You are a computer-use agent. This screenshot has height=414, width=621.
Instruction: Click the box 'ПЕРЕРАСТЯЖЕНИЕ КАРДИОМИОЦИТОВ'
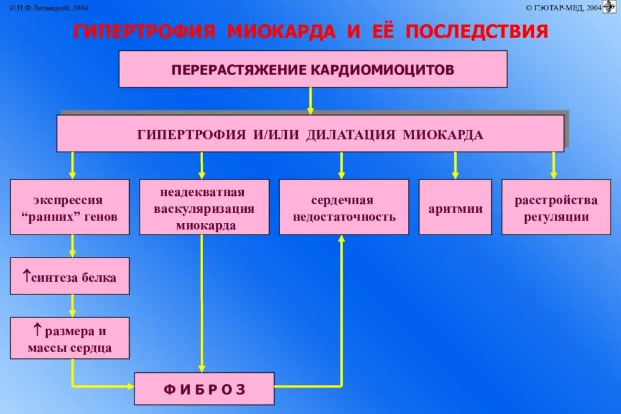coord(312,69)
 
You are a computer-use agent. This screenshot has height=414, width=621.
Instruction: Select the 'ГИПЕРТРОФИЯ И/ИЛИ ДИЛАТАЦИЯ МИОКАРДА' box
coord(310,134)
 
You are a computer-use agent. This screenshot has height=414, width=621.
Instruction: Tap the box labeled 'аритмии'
coord(455,207)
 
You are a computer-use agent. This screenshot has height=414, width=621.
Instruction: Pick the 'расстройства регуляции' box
coord(556,207)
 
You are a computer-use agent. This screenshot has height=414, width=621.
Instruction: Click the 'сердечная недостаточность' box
coord(344,207)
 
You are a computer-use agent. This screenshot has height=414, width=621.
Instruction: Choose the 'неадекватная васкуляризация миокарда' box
coord(204,207)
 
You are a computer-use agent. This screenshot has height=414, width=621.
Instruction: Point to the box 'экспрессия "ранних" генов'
coord(70,207)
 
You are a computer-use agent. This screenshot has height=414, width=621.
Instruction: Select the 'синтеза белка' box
coord(70,276)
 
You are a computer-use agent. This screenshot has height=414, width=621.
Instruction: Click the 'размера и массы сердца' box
coord(70,338)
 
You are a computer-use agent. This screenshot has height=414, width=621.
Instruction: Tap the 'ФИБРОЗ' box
coord(204,389)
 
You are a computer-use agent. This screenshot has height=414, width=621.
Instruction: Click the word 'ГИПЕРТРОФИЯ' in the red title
coord(144,32)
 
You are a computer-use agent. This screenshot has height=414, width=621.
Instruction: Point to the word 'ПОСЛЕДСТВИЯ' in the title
coord(477,32)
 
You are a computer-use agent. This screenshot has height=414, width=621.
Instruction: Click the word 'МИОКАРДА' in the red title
coord(281,32)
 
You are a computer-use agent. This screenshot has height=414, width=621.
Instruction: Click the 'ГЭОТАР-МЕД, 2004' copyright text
coord(563,7)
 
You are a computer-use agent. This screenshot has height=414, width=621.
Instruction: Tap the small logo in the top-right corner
coord(609,7)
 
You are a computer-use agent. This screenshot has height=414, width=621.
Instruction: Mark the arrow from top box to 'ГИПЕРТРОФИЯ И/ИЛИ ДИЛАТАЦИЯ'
coord(310,101)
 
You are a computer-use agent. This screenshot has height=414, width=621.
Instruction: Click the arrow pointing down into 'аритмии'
coord(455,165)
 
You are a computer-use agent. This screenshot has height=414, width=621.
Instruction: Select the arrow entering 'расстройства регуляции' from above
coord(553,165)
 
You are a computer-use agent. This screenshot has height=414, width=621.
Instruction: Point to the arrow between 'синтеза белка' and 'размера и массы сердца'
coord(72,305)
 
